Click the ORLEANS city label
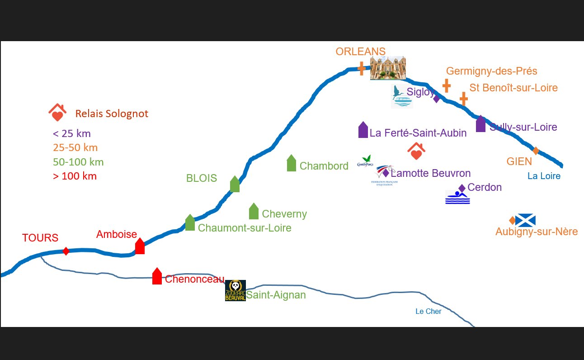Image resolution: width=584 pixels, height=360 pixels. click(360, 52)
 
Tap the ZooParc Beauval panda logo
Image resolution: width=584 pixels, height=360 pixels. click(235, 290)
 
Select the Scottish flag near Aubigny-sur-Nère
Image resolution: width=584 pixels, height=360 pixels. click(525, 220)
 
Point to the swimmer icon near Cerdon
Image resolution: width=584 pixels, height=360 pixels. click(457, 198)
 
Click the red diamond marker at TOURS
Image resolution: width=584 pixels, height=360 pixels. click(66, 251)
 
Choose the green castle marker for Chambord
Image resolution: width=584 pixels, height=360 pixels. click(292, 163)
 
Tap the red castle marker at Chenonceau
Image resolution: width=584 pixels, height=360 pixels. click(157, 276)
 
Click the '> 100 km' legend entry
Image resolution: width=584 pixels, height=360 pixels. click(75, 176)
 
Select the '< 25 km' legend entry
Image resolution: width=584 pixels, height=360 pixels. click(72, 133)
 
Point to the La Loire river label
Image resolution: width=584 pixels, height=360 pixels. click(544, 176)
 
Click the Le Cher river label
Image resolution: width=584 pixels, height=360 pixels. click(429, 311)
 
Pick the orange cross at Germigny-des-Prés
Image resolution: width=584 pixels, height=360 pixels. click(447, 85)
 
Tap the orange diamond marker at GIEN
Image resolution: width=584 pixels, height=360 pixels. click(536, 151)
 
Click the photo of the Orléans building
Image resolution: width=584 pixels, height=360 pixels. click(388, 68)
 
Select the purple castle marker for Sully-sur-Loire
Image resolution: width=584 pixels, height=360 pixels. click(480, 124)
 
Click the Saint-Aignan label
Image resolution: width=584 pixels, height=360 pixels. click(276, 295)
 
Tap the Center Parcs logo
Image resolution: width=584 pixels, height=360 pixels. click(365, 161)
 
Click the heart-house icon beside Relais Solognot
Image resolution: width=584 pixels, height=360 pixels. click(57, 113)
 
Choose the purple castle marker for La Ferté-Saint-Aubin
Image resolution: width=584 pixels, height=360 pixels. click(363, 130)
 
